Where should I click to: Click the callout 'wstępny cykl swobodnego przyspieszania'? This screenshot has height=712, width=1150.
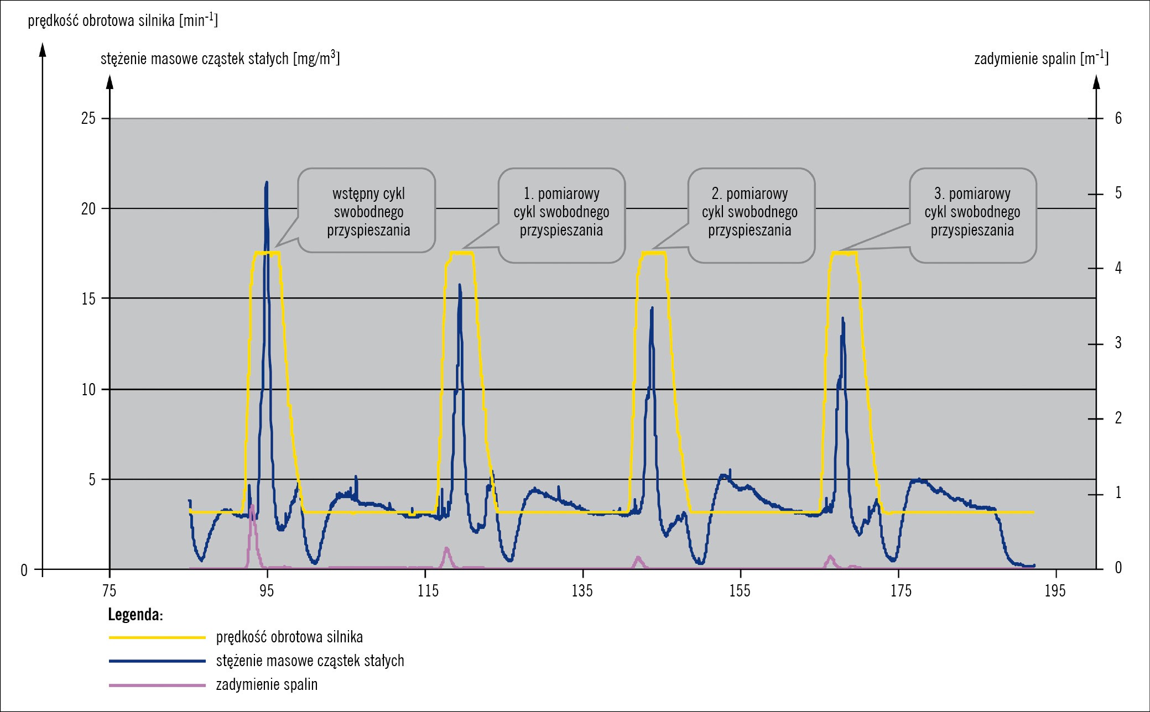pyautogui.click(x=368, y=212)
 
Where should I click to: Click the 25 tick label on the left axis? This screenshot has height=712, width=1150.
pyautogui.click(x=89, y=118)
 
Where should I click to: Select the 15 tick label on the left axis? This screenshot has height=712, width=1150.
pyautogui.click(x=89, y=299)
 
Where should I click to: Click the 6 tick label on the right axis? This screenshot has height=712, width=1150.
pyautogui.click(x=1118, y=118)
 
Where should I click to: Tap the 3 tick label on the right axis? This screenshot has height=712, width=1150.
pyautogui.click(x=1118, y=343)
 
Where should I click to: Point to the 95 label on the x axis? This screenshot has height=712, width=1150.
pyautogui.click(x=267, y=591)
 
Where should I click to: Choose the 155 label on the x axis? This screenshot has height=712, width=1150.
pyautogui.click(x=740, y=591)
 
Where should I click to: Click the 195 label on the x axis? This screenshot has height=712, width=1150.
pyautogui.click(x=1055, y=591)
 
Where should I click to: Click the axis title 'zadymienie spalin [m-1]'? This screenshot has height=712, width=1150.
pyautogui.click(x=1040, y=58)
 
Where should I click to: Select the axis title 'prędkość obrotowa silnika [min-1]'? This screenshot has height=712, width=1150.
pyautogui.click(x=123, y=20)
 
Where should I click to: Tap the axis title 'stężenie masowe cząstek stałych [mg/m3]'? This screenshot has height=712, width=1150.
pyautogui.click(x=220, y=58)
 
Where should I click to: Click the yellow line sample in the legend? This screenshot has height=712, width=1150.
pyautogui.click(x=157, y=637)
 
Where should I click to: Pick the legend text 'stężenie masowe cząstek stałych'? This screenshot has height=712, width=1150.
pyautogui.click(x=310, y=661)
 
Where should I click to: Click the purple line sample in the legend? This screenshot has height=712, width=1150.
pyautogui.click(x=157, y=685)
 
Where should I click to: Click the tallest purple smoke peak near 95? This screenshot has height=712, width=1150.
pyautogui.click(x=252, y=506)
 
